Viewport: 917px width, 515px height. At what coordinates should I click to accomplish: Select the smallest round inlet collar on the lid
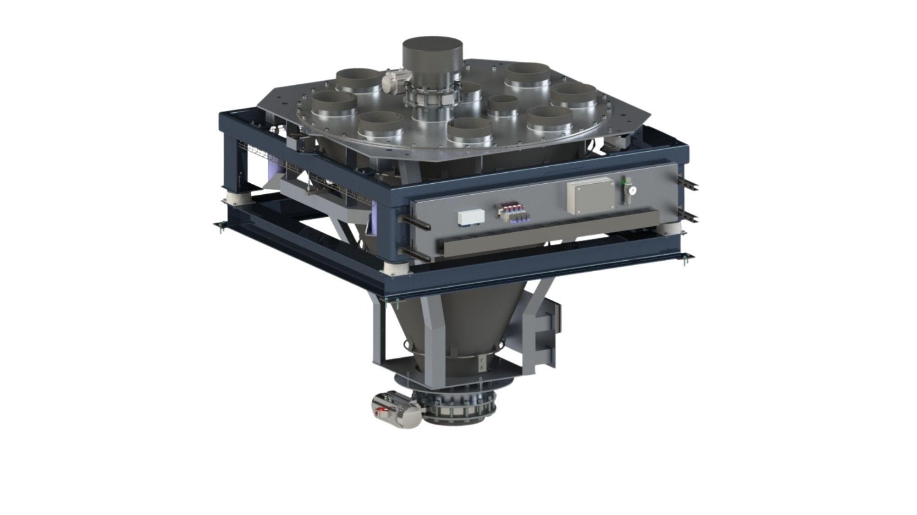[x=502, y=105]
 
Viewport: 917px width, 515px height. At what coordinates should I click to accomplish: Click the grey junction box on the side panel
[x=590, y=195]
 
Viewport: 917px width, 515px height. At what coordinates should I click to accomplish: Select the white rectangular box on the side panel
[x=471, y=217]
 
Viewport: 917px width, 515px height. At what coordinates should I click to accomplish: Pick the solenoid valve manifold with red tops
[x=514, y=214]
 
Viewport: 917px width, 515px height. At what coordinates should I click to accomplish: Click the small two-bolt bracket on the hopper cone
[x=481, y=364]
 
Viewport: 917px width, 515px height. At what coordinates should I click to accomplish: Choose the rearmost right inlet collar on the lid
[x=527, y=75]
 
